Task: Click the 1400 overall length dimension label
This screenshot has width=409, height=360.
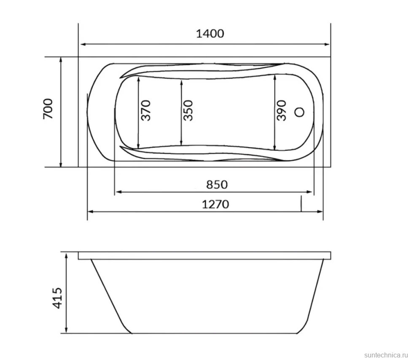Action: click(x=210, y=34)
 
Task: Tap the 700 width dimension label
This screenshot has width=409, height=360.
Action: click(x=48, y=109)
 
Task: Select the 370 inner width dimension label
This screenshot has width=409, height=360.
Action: click(x=146, y=110)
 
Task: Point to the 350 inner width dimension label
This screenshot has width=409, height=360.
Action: click(x=188, y=110)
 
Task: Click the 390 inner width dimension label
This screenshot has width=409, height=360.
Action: click(x=281, y=110)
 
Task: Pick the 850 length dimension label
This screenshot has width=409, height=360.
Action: click(x=217, y=185)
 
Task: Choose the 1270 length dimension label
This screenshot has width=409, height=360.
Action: click(x=216, y=204)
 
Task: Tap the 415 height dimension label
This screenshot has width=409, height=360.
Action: click(x=57, y=298)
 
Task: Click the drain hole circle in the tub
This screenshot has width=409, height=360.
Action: click(x=299, y=112)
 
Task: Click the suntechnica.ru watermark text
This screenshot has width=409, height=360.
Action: click(x=386, y=355)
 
